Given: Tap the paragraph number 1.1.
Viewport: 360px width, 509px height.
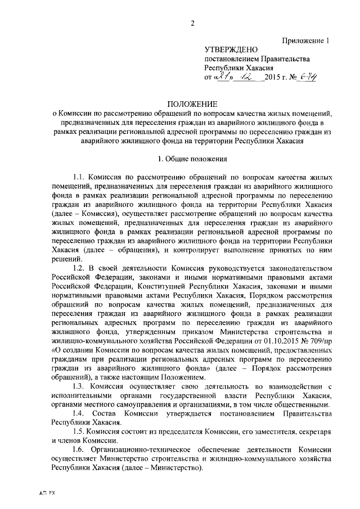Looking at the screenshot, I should [x=81, y=176].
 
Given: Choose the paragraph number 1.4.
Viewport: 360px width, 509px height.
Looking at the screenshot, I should [x=82, y=413].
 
